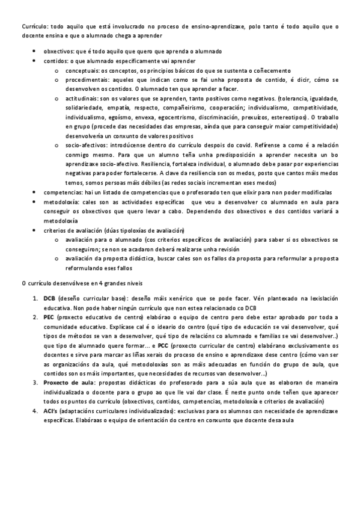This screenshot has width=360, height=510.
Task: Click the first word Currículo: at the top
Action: tap(33, 26)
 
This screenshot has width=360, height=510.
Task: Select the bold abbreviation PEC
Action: tap(49, 318)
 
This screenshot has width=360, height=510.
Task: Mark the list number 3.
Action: tap(35, 383)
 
